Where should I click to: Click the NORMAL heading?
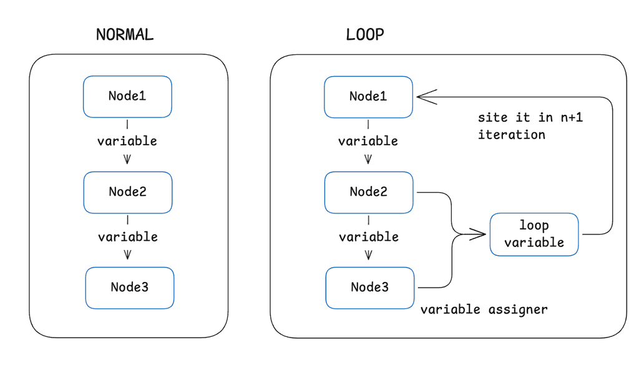click(125, 35)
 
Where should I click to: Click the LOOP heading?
click(365, 35)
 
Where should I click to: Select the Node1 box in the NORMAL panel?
click(127, 96)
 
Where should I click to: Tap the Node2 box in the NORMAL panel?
click(128, 192)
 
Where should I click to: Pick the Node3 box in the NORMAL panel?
click(130, 288)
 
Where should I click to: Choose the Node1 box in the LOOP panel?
click(368, 96)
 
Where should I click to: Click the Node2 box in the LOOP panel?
click(369, 192)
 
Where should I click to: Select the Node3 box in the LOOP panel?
click(370, 288)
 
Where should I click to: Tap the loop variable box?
click(534, 234)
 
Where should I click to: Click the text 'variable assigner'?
click(484, 309)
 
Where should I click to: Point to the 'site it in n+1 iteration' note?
click(530, 126)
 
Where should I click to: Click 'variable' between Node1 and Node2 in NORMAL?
click(127, 142)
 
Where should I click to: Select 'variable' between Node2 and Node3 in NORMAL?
click(128, 237)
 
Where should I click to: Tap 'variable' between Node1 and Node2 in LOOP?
click(368, 142)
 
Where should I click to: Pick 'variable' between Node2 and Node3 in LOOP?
click(369, 237)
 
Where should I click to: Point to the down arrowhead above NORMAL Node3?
click(128, 254)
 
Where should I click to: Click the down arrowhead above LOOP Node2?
click(368, 158)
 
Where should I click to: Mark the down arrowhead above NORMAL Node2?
click(127, 158)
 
